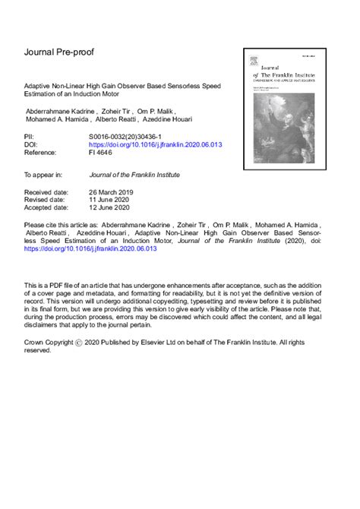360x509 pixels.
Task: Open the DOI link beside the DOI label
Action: pyautogui.click(x=155, y=144)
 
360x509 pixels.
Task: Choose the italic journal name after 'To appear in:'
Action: pyautogui.click(x=134, y=174)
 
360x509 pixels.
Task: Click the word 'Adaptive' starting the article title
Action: pyautogui.click(x=38, y=87)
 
